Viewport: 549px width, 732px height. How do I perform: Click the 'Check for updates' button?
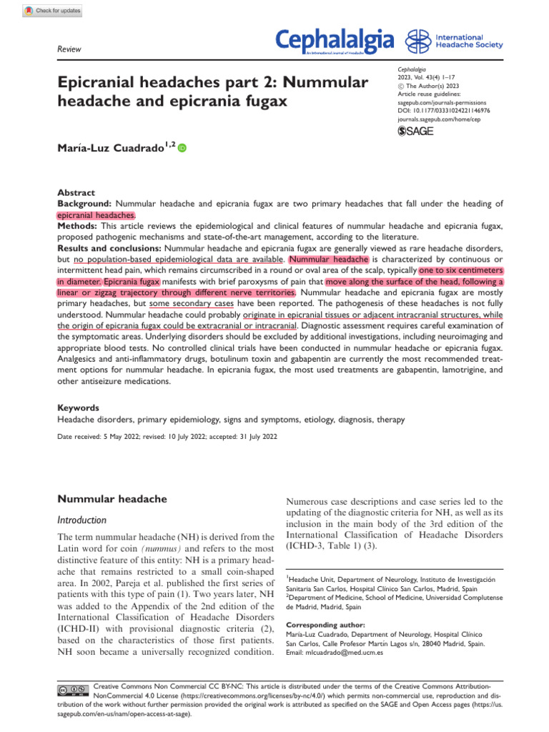53,11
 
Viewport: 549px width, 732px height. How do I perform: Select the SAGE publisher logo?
415,131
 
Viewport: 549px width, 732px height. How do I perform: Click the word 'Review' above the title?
68,49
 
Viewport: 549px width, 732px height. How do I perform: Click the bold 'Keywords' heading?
79,407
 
